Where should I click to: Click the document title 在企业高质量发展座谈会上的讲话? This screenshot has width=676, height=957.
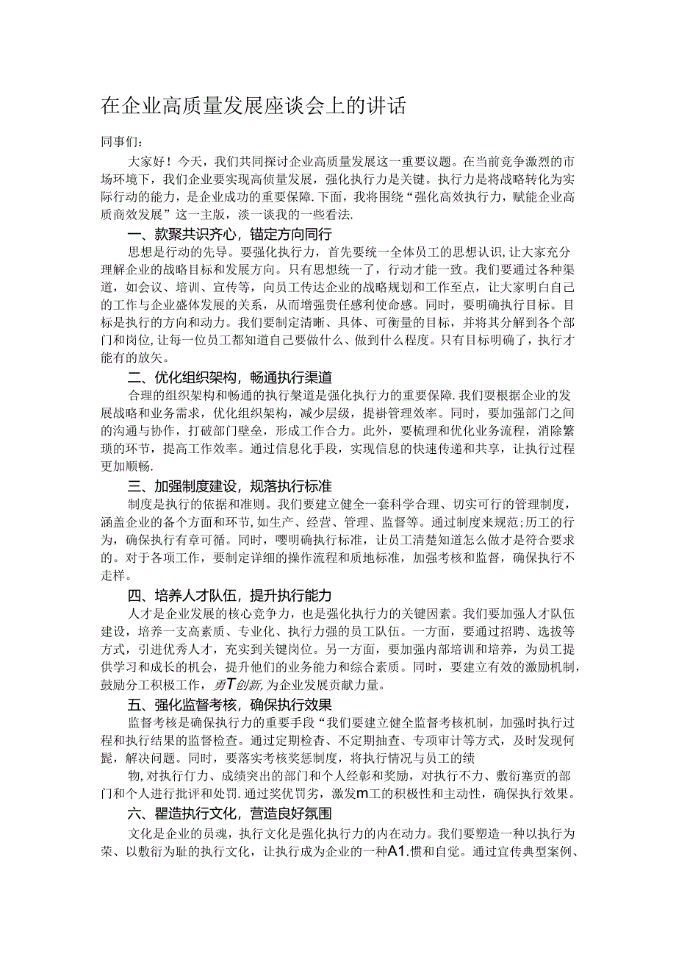253,106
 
